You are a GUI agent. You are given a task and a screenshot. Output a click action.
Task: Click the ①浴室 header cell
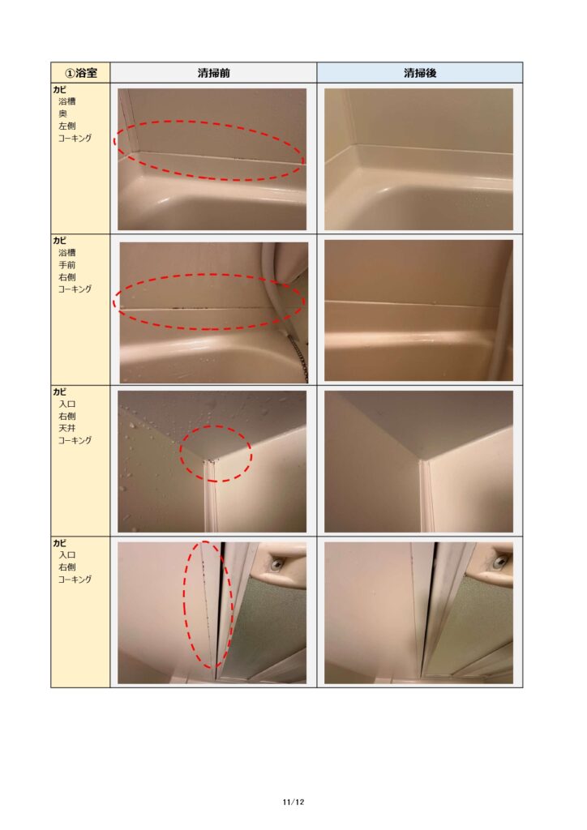click(80, 72)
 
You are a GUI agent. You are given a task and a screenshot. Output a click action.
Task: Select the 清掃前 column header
click(214, 73)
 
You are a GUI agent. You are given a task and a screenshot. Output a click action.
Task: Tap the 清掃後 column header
click(420, 73)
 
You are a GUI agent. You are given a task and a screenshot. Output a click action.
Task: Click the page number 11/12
click(293, 802)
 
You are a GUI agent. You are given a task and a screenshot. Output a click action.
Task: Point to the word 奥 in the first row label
click(63, 113)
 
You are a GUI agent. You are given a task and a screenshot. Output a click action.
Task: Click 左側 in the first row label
click(67, 126)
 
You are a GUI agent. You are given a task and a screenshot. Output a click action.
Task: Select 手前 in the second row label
click(67, 265)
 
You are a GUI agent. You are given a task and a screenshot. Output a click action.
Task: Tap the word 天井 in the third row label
click(67, 428)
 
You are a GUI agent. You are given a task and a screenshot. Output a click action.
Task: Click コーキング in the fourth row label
click(75, 579)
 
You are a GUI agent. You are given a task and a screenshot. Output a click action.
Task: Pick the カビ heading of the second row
click(59, 240)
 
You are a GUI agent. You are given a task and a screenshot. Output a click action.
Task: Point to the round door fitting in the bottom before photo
click(276, 565)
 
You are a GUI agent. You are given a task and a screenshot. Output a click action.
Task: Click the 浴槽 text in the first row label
click(67, 101)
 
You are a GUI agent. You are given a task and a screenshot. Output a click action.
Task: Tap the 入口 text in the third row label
click(67, 404)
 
